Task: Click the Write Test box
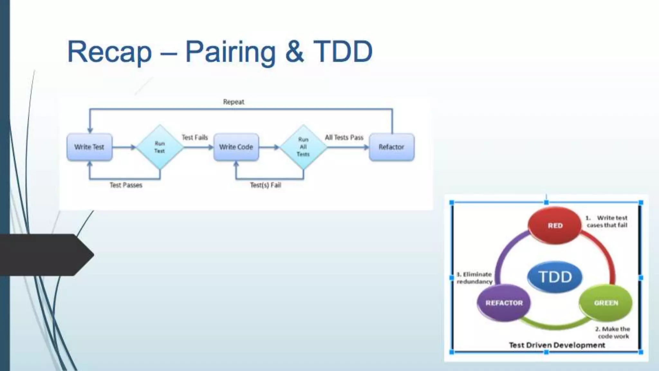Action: point(89,147)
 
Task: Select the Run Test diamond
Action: point(160,147)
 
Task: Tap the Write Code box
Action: point(236,147)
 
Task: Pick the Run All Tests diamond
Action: point(303,147)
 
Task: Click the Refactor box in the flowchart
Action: point(391,147)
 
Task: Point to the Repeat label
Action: point(234,102)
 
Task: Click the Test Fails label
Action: point(195,138)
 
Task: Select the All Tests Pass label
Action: point(344,138)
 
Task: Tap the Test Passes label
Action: point(126,185)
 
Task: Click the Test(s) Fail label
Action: point(265,185)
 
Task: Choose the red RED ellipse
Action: point(555,225)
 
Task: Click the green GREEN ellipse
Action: point(606,303)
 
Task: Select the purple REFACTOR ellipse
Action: point(504,303)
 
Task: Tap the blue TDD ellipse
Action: point(555,277)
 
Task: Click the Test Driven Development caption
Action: point(557,345)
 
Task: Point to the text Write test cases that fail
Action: point(607,222)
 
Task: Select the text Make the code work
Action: point(613,333)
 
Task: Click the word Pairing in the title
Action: point(230,52)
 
